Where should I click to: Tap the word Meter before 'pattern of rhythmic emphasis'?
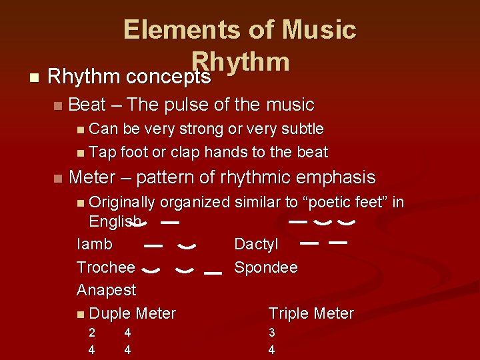[x=93, y=177]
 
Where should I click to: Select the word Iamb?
[x=95, y=244]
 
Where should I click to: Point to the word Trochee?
[x=106, y=267]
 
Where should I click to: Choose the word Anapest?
[x=106, y=290]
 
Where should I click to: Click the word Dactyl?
[x=256, y=244]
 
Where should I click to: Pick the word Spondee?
[x=266, y=267]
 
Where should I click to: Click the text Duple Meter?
[x=132, y=313]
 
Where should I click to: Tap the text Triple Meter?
[x=311, y=313]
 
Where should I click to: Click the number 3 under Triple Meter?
[x=271, y=332]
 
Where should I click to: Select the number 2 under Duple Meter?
[x=92, y=332]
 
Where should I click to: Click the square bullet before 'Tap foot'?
[x=81, y=153]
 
